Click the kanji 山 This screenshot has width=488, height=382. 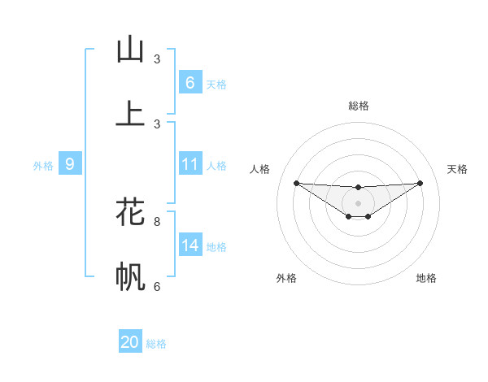[x=130, y=50]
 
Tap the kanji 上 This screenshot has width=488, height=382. [x=130, y=113]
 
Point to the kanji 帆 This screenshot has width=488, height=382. [x=130, y=277]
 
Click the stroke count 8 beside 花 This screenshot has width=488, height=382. [x=157, y=220]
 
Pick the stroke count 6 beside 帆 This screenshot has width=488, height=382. [x=157, y=286]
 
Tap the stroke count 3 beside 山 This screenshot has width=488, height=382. [x=157, y=59]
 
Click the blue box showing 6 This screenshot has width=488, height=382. [x=190, y=83]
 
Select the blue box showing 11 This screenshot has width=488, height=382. [x=190, y=164]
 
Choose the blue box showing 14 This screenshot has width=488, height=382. [x=190, y=245]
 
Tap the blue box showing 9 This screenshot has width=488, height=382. [x=70, y=164]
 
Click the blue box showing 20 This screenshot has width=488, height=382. [x=130, y=342]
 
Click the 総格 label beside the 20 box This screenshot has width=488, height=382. [x=157, y=344]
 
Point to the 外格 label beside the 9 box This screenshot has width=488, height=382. [x=43, y=166]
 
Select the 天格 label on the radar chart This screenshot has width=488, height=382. [x=458, y=169]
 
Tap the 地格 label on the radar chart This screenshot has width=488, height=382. [x=426, y=278]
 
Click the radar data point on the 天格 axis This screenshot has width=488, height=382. [x=420, y=183]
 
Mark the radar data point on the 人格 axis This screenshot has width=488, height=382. [x=296, y=183]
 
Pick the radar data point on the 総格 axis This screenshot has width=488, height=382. [x=358, y=188]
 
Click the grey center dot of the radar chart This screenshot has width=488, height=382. [x=358, y=202]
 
